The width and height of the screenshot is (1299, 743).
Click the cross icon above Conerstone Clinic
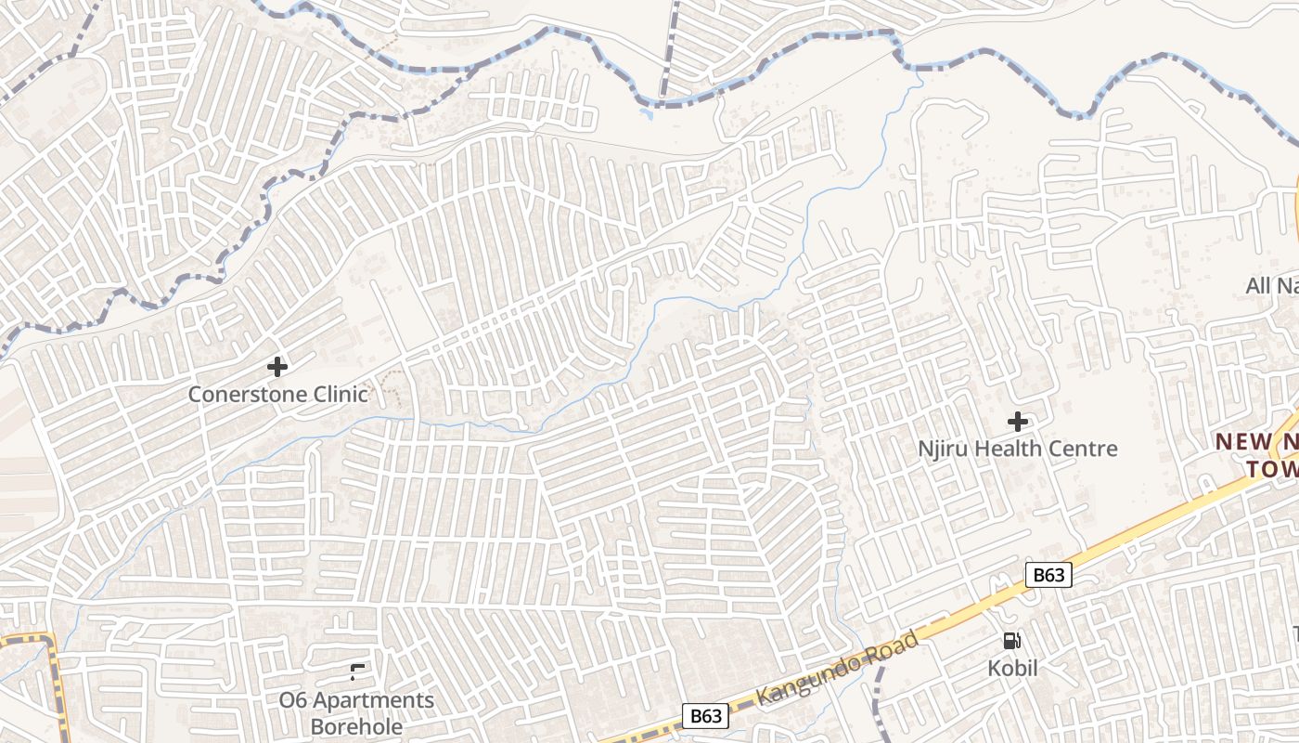coord(277,367)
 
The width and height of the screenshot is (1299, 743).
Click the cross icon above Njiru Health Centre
coord(1018,422)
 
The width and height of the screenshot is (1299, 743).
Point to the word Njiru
coord(941,450)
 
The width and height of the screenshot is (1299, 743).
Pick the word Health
coord(1007,450)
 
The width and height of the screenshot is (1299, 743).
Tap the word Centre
coord(1084,450)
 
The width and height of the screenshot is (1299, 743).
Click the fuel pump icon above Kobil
coord(1011,640)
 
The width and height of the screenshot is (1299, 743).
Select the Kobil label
coord(1012,668)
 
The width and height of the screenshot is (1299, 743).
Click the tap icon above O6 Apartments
coord(357,671)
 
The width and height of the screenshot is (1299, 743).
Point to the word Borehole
coord(357,726)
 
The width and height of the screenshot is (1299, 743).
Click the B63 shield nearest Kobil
coord(1048,575)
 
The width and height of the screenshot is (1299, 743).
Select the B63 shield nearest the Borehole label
coord(705,716)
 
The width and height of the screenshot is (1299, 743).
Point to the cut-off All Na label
coord(1271,285)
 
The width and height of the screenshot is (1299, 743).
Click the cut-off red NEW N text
coord(1255,442)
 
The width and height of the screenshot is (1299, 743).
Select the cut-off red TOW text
coord(1271,469)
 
